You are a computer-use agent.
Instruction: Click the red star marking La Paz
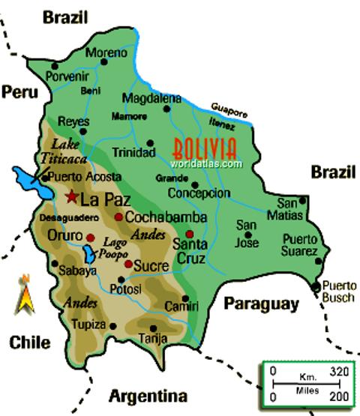(x=71, y=198)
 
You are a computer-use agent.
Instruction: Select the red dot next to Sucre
(x=128, y=264)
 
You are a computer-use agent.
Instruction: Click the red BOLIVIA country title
(x=204, y=147)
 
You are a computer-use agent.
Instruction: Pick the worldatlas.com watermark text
(x=206, y=163)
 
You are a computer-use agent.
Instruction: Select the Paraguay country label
(x=260, y=304)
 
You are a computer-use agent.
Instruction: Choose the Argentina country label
(x=148, y=396)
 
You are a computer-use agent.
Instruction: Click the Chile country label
(x=30, y=343)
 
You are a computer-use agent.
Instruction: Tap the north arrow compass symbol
(x=25, y=295)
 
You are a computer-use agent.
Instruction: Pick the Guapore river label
(x=229, y=109)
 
